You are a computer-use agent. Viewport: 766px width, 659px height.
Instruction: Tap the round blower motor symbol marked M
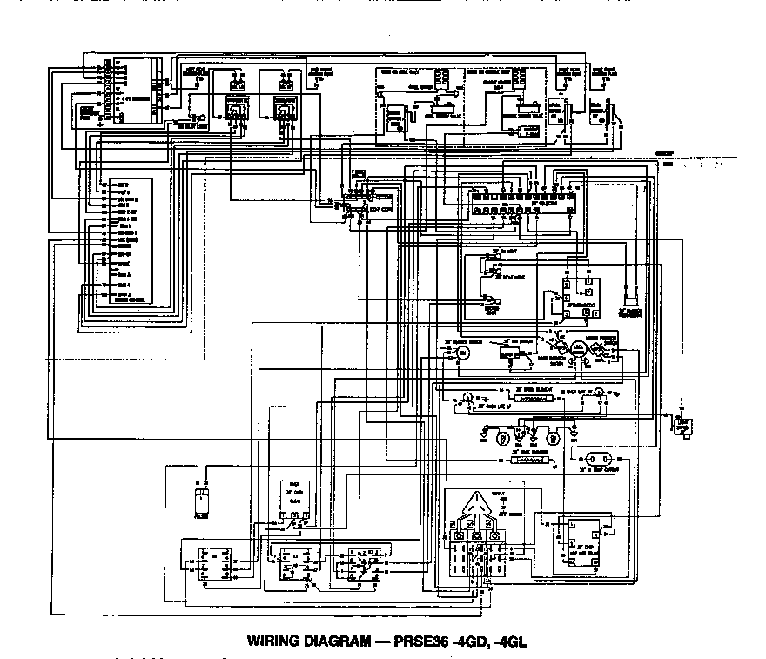pos(462,352)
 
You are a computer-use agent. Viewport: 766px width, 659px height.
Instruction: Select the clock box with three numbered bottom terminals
pos(293,504)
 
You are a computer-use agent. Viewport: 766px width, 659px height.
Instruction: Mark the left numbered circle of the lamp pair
pos(501,433)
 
